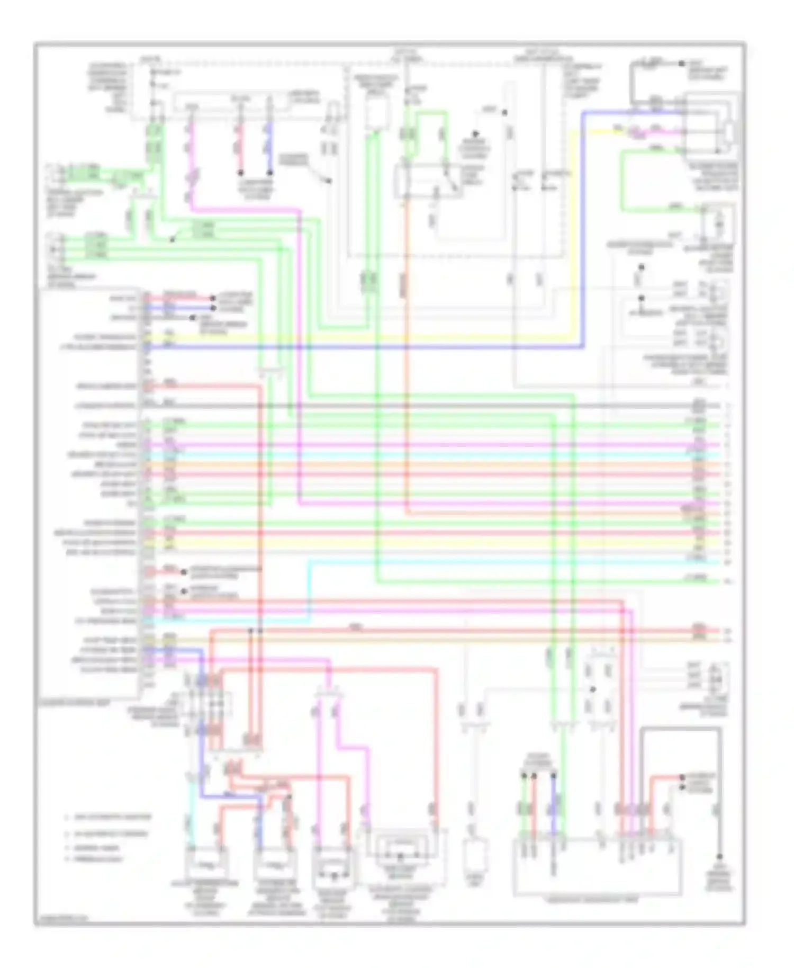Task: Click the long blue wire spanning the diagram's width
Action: (x=371, y=347)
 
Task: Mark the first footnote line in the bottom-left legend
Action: (x=108, y=817)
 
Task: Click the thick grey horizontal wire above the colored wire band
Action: (x=423, y=406)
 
